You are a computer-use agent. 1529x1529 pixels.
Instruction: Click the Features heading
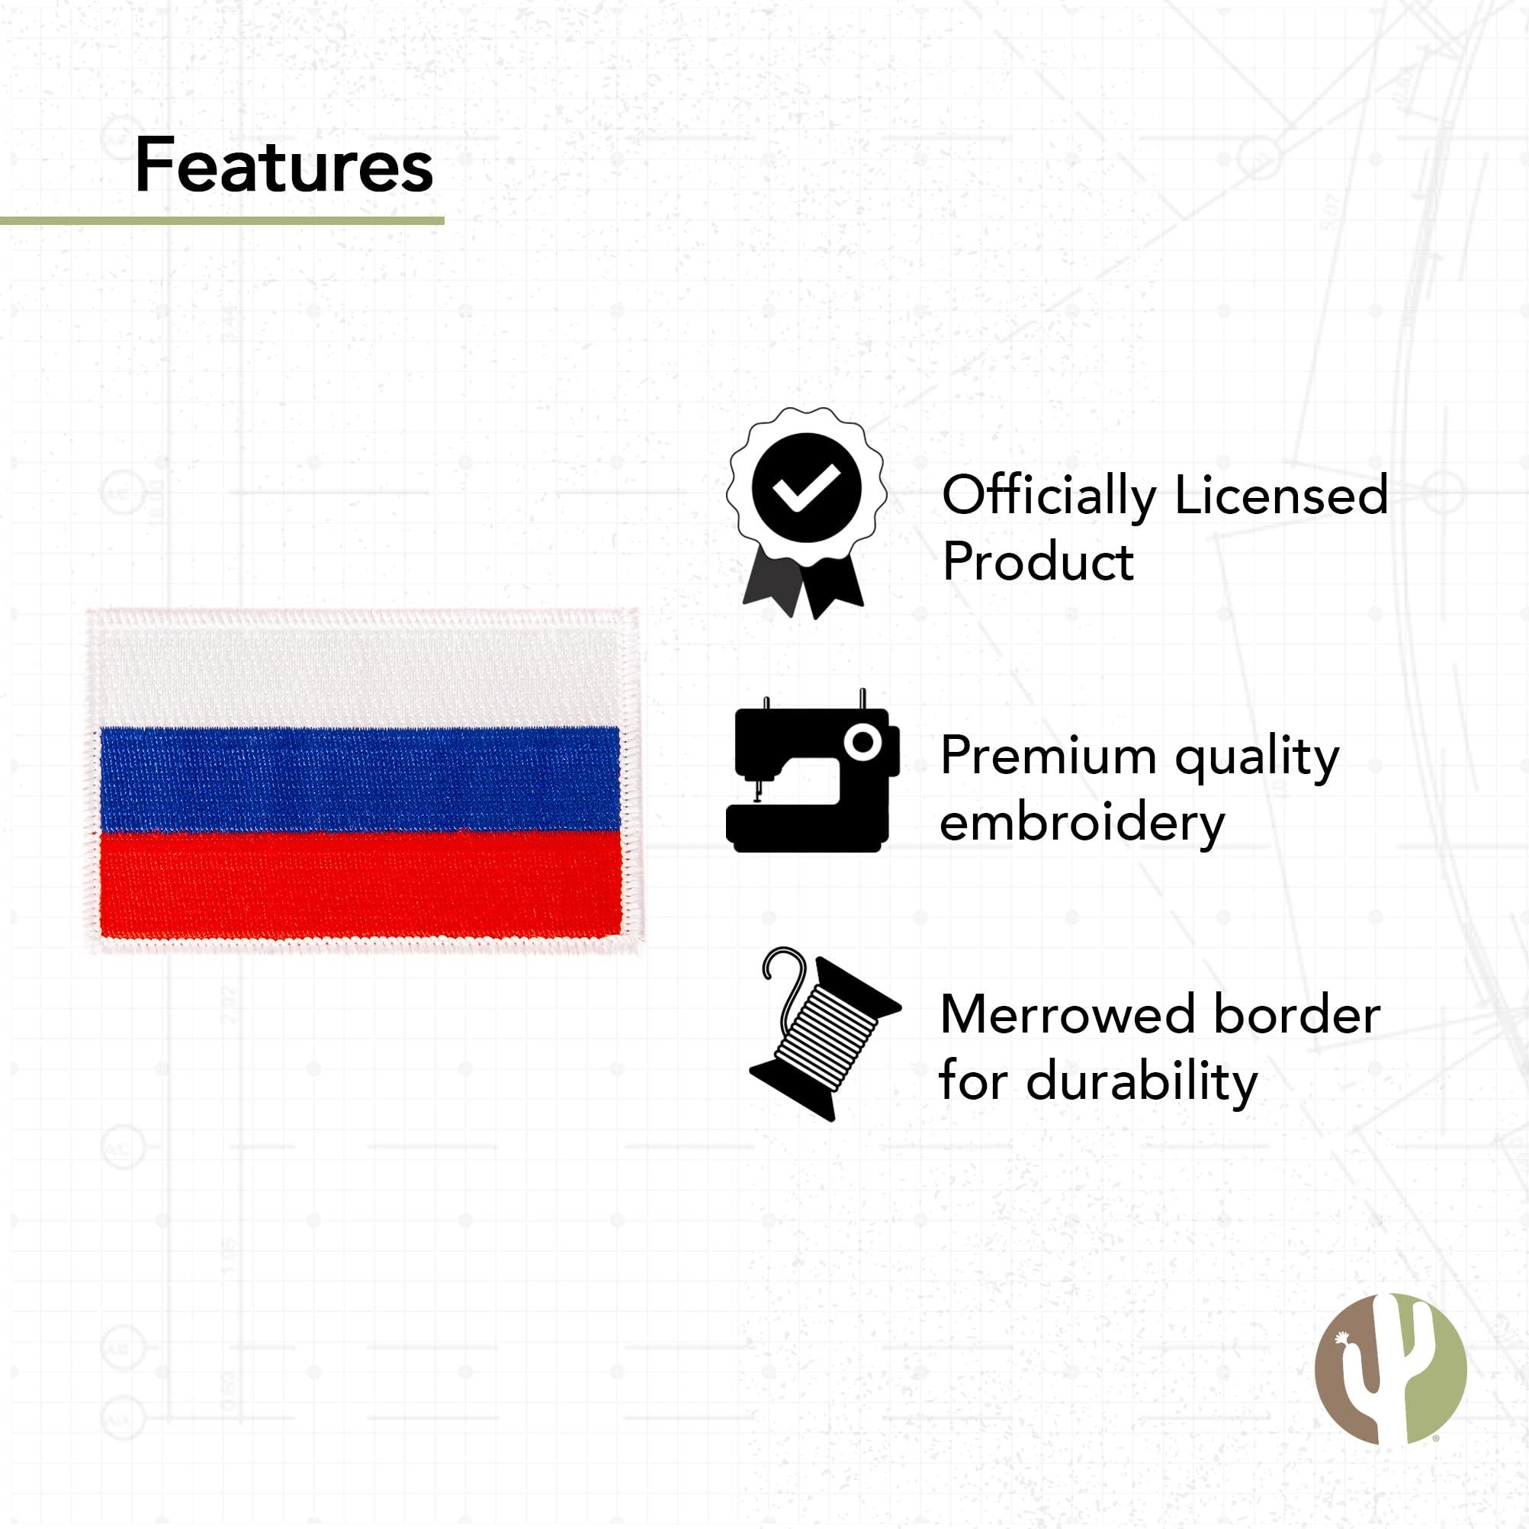point(284,165)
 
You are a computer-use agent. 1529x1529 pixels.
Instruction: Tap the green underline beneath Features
point(222,221)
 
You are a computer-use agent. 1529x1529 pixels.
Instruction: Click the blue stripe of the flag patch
point(359,779)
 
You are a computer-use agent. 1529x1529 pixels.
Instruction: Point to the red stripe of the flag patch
point(360,883)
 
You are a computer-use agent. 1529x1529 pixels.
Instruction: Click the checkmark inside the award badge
point(805,487)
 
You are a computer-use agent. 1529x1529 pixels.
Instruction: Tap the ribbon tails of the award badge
point(802,584)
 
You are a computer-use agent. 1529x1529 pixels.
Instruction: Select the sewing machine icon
point(812,772)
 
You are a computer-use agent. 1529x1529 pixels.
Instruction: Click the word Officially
point(1049,497)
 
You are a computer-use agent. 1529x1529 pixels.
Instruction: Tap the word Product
point(1039,561)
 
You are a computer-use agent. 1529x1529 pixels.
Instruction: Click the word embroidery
point(1082,825)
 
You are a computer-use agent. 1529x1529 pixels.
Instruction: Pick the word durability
point(1141,1083)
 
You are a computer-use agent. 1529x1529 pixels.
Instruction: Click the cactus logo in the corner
point(1390,1370)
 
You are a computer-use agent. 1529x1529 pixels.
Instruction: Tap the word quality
point(1257,758)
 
